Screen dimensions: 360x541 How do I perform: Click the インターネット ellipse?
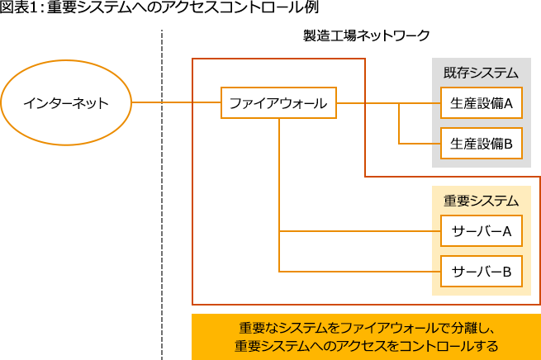(x=65, y=104)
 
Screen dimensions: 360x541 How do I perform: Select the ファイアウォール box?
(x=278, y=104)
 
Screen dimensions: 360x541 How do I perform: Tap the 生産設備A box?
(x=482, y=104)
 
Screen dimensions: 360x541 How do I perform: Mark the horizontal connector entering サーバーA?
(x=363, y=232)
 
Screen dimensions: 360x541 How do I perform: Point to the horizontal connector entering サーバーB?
(x=363, y=271)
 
